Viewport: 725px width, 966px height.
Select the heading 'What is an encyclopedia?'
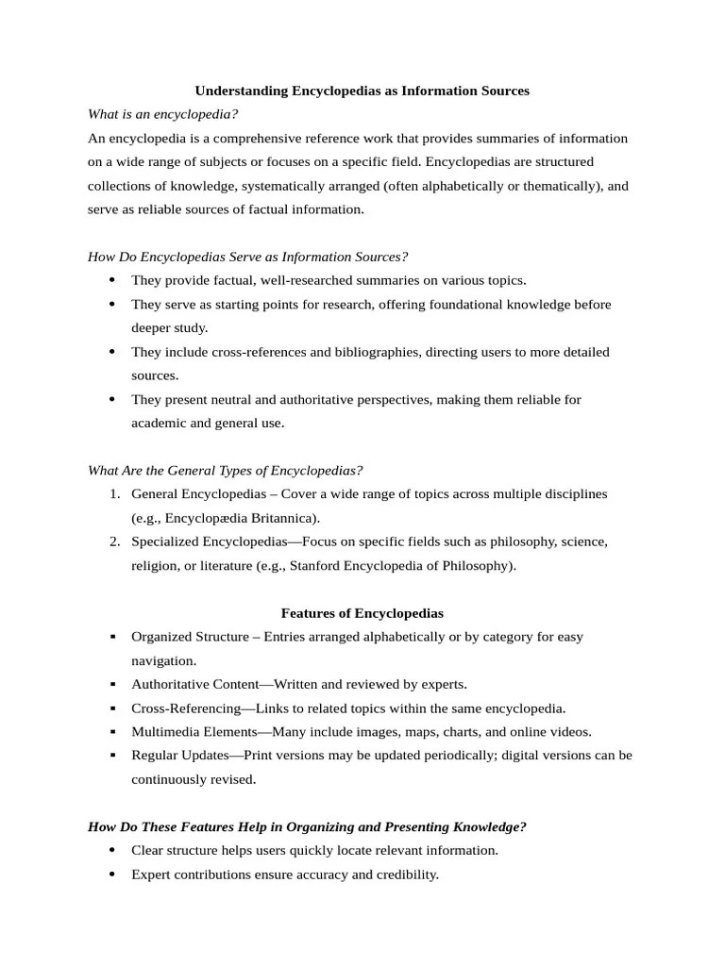tap(162, 114)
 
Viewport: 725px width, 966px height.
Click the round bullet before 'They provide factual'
tap(112, 280)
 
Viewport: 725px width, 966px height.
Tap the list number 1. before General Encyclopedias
tap(113, 494)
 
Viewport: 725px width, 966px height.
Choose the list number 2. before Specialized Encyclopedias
tap(113, 541)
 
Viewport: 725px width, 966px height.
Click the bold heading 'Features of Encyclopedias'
tap(362, 612)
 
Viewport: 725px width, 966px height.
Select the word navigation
tap(163, 660)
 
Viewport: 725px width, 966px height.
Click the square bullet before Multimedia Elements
tap(112, 732)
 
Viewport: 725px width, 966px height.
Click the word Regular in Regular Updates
tap(155, 756)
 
